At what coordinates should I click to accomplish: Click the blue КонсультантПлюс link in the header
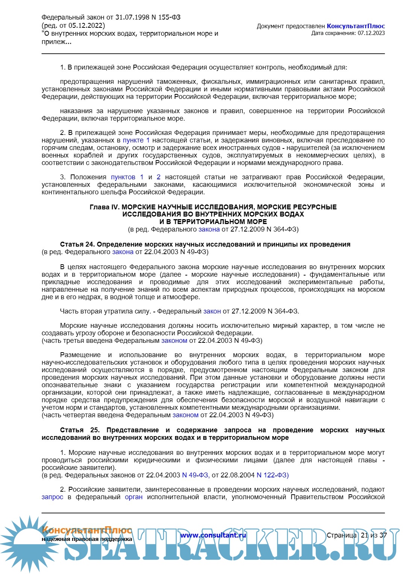[356, 26]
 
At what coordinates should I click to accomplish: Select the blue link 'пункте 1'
[136, 140]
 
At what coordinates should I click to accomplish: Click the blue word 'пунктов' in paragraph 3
[123, 177]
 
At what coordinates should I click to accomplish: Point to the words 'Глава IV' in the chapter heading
[104, 207]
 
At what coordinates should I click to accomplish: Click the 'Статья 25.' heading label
[79, 430]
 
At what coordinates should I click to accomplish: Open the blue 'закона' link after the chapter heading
[209, 229]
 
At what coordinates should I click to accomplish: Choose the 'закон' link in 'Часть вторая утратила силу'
[212, 311]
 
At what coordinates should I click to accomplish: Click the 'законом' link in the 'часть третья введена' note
[174, 341]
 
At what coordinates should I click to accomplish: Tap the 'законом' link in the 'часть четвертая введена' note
[185, 415]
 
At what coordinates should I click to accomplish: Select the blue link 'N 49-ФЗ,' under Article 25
[196, 475]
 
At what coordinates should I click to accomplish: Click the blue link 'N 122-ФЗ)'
[273, 475]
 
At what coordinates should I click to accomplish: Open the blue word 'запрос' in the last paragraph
[52, 497]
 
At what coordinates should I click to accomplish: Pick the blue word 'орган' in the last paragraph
[133, 497]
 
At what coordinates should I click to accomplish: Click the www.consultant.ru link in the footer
[213, 535]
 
